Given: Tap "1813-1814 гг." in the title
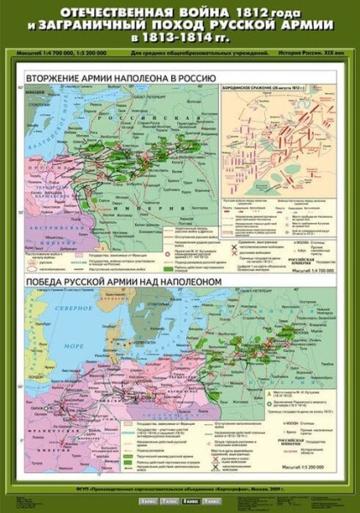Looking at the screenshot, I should point(180,39).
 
